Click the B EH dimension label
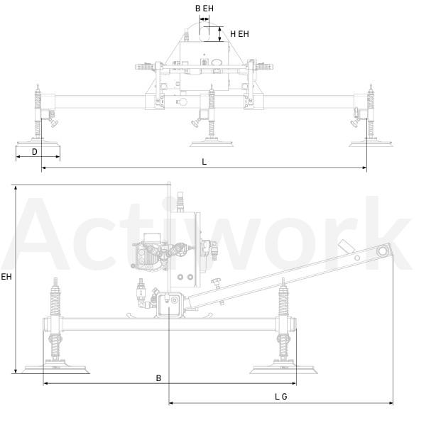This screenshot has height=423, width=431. coord(204,9)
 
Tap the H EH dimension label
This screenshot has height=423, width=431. coord(239,34)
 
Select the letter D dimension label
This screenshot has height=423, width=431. coord(34,152)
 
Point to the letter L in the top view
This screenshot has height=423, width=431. coord(204,162)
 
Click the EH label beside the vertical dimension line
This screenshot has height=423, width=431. coord(6,277)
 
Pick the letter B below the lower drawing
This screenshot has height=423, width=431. coord(158,378)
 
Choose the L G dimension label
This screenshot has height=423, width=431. coord(281,397)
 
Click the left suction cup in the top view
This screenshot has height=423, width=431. coord(38,143)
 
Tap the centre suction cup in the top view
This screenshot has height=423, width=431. coord(212,143)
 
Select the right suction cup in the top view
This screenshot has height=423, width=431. coord(371,143)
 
